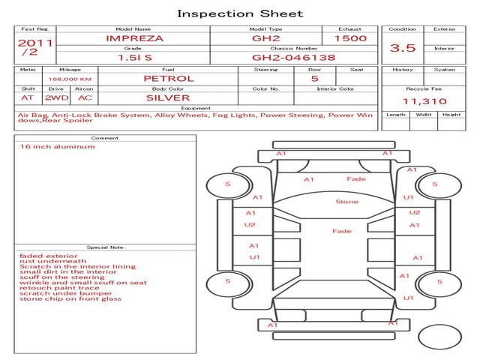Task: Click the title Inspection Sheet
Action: click(240, 13)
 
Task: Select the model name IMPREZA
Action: click(135, 38)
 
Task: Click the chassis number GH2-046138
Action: click(293, 58)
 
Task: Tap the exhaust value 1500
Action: click(350, 38)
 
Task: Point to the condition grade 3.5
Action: click(403, 48)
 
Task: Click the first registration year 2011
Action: click(35, 43)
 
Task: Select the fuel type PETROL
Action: click(169, 79)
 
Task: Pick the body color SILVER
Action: click(168, 98)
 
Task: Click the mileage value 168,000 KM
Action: click(70, 79)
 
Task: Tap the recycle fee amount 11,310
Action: click(424, 101)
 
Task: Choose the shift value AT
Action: click(27, 98)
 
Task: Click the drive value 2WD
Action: click(57, 98)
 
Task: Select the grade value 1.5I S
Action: click(135, 58)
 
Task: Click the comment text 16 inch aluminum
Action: click(57, 147)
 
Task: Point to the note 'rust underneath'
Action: click(53, 261)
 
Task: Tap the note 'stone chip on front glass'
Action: click(70, 298)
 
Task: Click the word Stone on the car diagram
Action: click(346, 202)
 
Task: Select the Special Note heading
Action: click(105, 247)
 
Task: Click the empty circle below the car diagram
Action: click(439, 337)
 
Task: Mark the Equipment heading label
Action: click(196, 108)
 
